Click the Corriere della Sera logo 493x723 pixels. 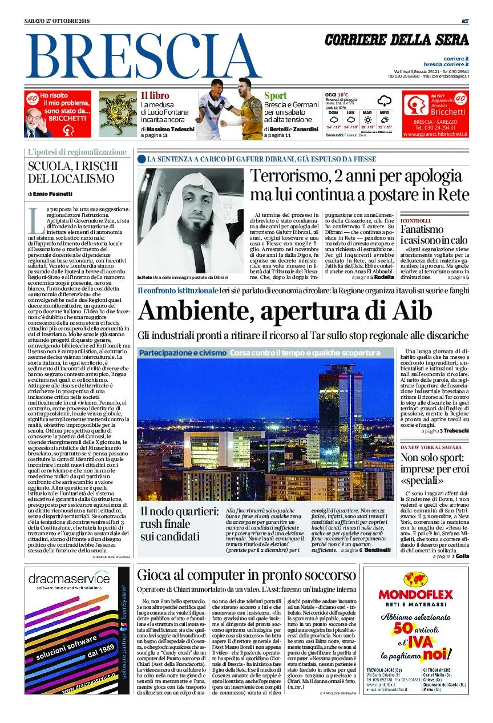[x=397, y=40]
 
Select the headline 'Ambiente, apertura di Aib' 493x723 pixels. [x=285, y=312]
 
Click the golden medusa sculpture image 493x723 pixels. [x=118, y=114]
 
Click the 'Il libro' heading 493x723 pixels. [x=155, y=96]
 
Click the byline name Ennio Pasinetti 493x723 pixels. [x=52, y=194]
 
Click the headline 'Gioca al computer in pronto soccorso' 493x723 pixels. [x=246, y=575]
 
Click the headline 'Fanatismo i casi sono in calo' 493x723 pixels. [x=434, y=235]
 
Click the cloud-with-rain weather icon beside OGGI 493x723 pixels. [x=384, y=102]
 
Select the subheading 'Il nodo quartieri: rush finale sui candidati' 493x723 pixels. [x=179, y=524]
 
